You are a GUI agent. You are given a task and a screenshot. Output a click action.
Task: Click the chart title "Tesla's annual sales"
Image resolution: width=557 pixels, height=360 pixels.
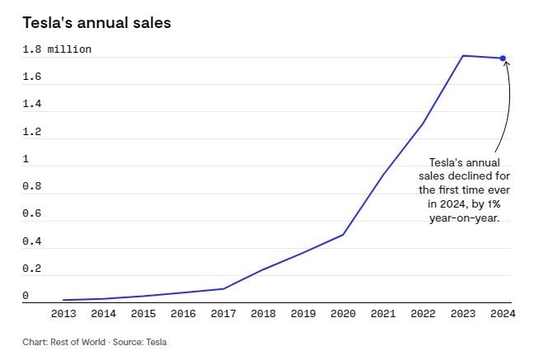[96, 23]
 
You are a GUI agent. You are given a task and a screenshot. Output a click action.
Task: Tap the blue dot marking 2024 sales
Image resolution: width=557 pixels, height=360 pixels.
[503, 58]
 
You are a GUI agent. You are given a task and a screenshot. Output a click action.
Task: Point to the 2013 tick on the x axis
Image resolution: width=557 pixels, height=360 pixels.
[63, 313]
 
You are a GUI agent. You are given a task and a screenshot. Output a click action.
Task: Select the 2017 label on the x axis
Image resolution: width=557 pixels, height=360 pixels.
[222, 313]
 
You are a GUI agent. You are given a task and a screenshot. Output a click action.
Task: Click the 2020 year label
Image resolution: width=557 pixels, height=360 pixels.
[343, 313]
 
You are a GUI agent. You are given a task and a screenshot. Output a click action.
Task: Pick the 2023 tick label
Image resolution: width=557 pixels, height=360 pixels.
[462, 313]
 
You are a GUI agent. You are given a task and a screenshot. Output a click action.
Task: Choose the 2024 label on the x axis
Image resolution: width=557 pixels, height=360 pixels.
[502, 313]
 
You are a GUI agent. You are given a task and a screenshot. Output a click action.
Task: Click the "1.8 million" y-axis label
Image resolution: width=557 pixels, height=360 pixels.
[57, 49]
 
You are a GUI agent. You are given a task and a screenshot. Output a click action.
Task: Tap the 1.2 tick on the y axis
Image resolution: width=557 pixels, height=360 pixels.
[32, 132]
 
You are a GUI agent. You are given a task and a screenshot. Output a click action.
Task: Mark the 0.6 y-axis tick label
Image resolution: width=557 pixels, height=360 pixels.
[32, 213]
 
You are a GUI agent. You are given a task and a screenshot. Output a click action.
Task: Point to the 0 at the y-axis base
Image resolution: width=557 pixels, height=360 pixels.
[26, 295]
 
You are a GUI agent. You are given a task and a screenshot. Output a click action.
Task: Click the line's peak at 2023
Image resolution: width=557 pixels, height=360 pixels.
[463, 55]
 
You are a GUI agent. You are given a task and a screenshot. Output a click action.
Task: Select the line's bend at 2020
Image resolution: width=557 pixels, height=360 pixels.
[343, 235]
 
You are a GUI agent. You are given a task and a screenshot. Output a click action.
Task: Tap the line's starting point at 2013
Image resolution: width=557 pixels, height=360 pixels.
[63, 300]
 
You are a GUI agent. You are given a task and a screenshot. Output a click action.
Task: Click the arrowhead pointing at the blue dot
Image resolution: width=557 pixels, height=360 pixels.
[506, 63]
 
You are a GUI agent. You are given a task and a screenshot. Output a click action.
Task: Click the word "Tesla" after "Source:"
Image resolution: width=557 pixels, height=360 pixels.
[165, 341]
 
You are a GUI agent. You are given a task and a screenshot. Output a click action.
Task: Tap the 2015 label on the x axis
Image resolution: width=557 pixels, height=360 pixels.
[143, 313]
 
